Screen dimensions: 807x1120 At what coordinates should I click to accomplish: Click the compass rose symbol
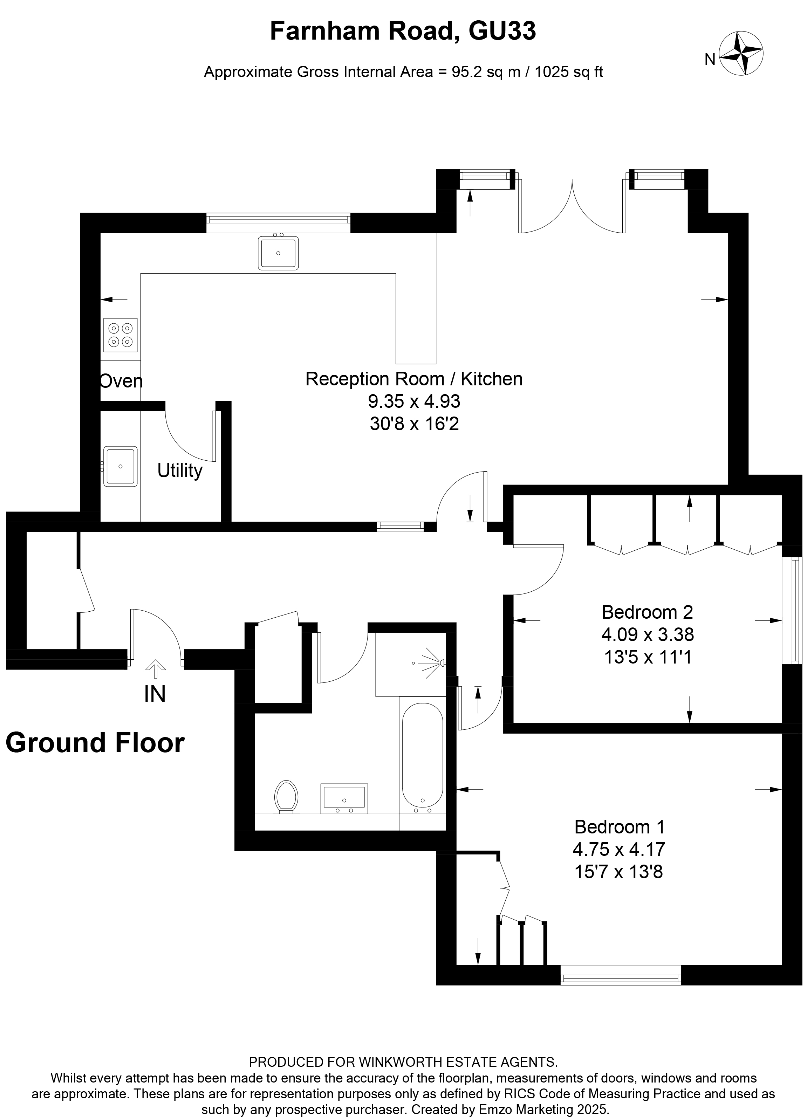pyautogui.click(x=740, y=53)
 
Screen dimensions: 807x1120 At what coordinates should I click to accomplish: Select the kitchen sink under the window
pyautogui.click(x=278, y=253)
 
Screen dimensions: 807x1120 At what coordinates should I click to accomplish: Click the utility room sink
pyautogui.click(x=120, y=466)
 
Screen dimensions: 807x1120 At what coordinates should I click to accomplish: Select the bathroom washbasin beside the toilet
pyautogui.click(x=344, y=798)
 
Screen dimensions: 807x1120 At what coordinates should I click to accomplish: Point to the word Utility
pyautogui.click(x=180, y=470)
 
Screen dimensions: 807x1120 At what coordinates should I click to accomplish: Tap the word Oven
pyautogui.click(x=121, y=381)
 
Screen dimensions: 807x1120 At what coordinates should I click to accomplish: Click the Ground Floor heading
pyautogui.click(x=95, y=742)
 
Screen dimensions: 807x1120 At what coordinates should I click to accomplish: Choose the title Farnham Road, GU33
pyautogui.click(x=403, y=31)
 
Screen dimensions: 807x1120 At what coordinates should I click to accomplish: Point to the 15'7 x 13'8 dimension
pyautogui.click(x=618, y=872)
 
